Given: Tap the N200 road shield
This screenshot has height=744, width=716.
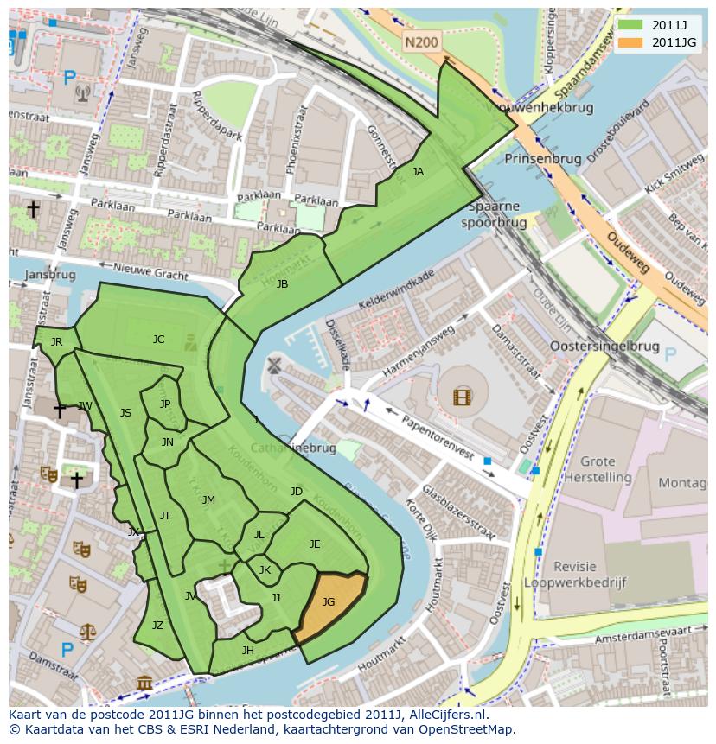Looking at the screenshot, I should pos(421,41).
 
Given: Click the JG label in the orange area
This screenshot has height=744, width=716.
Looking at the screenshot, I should pos(329,602).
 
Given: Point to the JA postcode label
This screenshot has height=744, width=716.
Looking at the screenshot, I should pos(418,172).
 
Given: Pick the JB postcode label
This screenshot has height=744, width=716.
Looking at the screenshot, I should pos(282,284).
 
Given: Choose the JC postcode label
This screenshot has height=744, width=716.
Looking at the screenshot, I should pos(158,340).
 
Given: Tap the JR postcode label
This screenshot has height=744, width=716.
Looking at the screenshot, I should pos(56,342).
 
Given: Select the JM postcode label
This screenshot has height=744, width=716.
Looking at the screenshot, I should pos(208,500).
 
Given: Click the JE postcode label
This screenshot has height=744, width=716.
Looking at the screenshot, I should pos(315,544).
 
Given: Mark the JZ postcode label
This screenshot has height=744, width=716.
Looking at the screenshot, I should pos(157,626).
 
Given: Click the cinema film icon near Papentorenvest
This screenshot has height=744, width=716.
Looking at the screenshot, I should pos(463,397).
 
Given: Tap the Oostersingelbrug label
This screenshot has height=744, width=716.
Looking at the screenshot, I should pos(604,347).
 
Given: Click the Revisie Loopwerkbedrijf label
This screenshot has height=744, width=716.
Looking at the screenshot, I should pos(588,575).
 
